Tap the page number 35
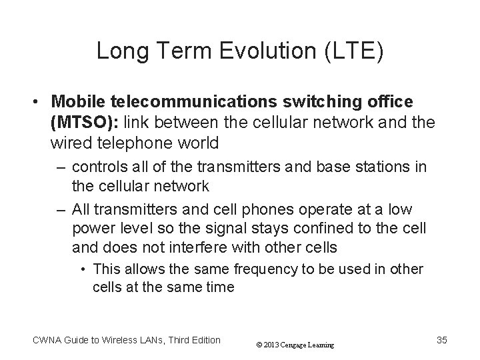pos(441,341)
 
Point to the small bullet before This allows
pos(85,269)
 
